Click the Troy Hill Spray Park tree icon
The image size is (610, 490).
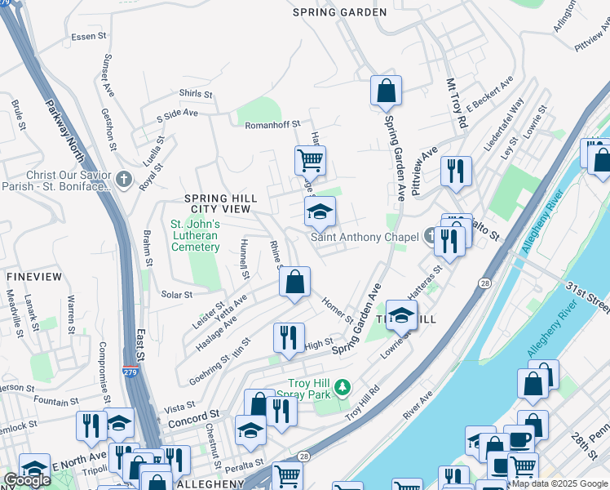click(x=344, y=385)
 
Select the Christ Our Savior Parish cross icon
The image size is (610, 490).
click(x=123, y=179)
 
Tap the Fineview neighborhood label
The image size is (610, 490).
click(x=33, y=277)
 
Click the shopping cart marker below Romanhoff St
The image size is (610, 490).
click(x=310, y=162)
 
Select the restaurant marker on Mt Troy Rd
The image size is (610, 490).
click(x=455, y=171)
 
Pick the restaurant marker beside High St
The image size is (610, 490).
click(x=289, y=338)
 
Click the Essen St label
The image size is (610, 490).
click(x=89, y=36)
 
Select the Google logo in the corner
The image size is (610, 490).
click(x=27, y=480)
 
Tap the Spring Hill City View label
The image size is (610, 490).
click(x=220, y=203)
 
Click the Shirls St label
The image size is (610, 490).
click(x=196, y=95)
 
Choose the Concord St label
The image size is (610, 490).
click(x=195, y=416)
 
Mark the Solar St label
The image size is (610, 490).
click(x=176, y=294)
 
